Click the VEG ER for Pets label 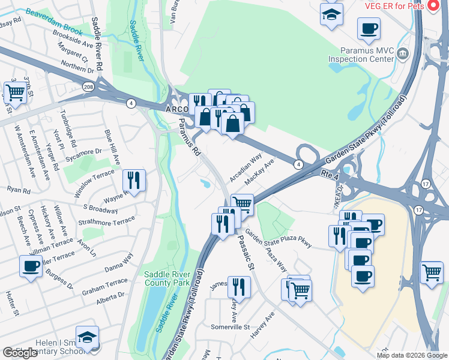point(394,6)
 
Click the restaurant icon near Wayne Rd point(134,180)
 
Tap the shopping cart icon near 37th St point(14,93)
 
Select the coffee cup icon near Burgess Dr point(31,266)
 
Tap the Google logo point(20,353)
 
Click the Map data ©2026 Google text point(411,355)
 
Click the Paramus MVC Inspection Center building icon point(403,55)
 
